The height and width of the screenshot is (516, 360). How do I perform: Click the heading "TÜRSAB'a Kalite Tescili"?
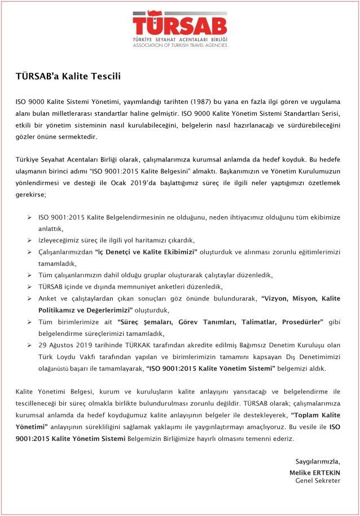[68, 75]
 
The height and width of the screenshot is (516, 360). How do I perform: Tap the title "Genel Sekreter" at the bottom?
[318, 480]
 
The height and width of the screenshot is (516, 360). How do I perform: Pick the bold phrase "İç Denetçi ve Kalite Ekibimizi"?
[146, 251]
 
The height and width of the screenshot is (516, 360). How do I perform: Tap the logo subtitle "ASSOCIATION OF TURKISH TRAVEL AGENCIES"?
[179, 45]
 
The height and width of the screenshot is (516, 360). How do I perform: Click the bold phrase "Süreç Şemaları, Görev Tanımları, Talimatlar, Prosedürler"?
[221, 322]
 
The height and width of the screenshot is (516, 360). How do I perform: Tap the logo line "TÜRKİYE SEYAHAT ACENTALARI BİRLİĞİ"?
[179, 40]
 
